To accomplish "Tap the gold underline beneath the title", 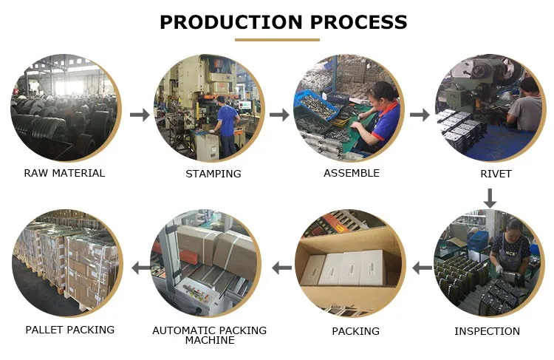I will (x=277, y=40).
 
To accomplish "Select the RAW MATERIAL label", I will (x=64, y=173).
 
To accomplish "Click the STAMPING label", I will (x=213, y=174).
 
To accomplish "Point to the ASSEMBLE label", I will (x=351, y=173).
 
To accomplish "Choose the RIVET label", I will (x=495, y=174).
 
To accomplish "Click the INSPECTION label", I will (x=487, y=331).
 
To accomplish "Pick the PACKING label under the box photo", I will (x=355, y=330).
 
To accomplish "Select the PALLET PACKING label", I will (x=70, y=330).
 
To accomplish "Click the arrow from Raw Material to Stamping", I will (x=140, y=115).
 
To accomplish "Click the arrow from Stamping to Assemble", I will (x=279, y=115).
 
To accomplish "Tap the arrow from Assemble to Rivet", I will (x=420, y=115).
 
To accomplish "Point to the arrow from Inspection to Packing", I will (x=422, y=267).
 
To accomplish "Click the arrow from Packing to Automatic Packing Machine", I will (x=281, y=267).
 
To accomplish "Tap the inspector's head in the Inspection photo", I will (x=514, y=226).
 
